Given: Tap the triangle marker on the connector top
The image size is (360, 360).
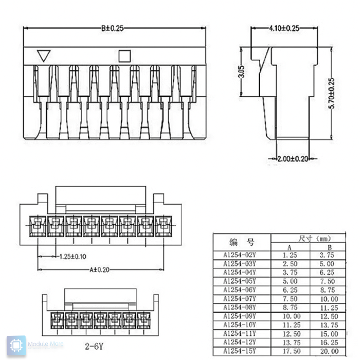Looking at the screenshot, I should click(x=44, y=55).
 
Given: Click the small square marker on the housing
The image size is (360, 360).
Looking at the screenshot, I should click(x=124, y=54).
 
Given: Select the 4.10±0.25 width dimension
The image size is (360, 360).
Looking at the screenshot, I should click(x=284, y=28).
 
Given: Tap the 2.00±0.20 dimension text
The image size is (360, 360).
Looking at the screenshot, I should click(x=292, y=159).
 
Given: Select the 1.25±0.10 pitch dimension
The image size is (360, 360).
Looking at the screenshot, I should click(x=72, y=256).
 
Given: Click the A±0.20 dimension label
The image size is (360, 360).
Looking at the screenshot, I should click(x=100, y=268).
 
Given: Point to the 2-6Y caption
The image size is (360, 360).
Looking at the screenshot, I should click(x=94, y=346).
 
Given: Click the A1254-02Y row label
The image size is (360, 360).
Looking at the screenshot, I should click(x=240, y=255).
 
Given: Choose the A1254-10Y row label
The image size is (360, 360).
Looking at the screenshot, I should click(x=240, y=325).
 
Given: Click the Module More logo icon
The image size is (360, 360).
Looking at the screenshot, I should click(x=16, y=345).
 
